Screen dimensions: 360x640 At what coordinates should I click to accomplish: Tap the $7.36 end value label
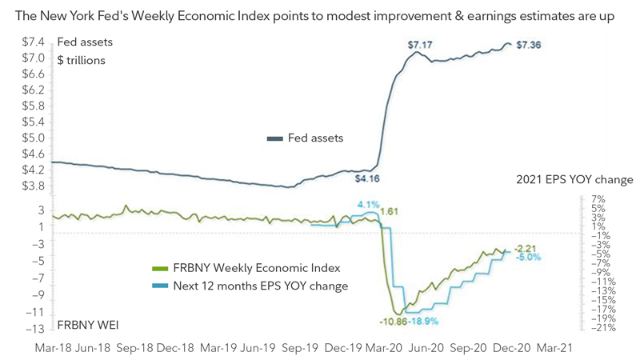coord(529,46)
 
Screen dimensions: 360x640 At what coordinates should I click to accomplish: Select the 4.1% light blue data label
coord(368,205)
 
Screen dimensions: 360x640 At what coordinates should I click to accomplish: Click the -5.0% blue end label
coord(529,257)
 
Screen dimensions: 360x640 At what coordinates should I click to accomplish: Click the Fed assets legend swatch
coord(275,138)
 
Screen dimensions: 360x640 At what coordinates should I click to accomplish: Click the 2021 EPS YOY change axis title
coord(574,180)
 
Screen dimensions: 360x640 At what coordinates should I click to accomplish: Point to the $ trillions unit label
coord(81,60)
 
